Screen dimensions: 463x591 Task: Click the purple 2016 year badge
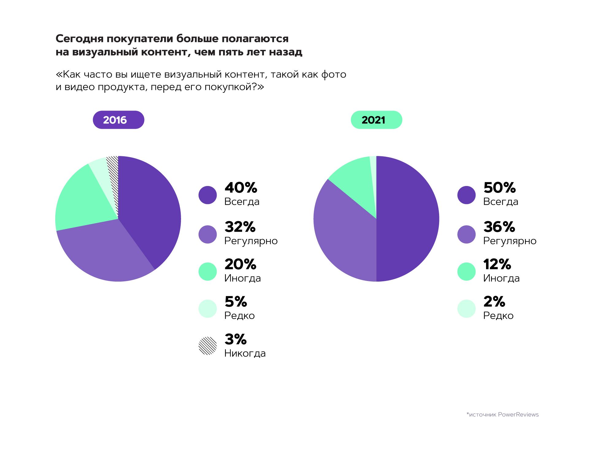point(118,120)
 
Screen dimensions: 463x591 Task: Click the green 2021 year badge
point(376,120)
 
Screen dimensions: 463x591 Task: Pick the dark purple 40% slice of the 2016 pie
point(147,208)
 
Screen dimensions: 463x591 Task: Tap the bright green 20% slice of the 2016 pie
point(83,199)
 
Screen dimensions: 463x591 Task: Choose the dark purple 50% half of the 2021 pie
point(408,219)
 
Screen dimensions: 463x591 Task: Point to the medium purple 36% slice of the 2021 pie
point(344,233)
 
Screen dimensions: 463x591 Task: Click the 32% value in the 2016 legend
point(240,227)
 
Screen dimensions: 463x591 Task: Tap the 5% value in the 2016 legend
point(236,302)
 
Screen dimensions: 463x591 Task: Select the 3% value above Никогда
point(235,340)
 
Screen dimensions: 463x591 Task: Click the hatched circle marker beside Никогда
point(208,346)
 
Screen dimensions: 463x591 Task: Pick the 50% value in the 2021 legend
point(500,188)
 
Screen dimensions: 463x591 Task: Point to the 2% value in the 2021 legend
point(494,302)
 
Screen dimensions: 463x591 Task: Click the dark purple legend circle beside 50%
point(466,195)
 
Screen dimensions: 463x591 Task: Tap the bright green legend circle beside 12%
point(466,271)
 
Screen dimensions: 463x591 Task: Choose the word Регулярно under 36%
point(510,241)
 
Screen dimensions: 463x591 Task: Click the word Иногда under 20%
point(242,278)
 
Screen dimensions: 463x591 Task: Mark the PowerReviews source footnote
point(502,415)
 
